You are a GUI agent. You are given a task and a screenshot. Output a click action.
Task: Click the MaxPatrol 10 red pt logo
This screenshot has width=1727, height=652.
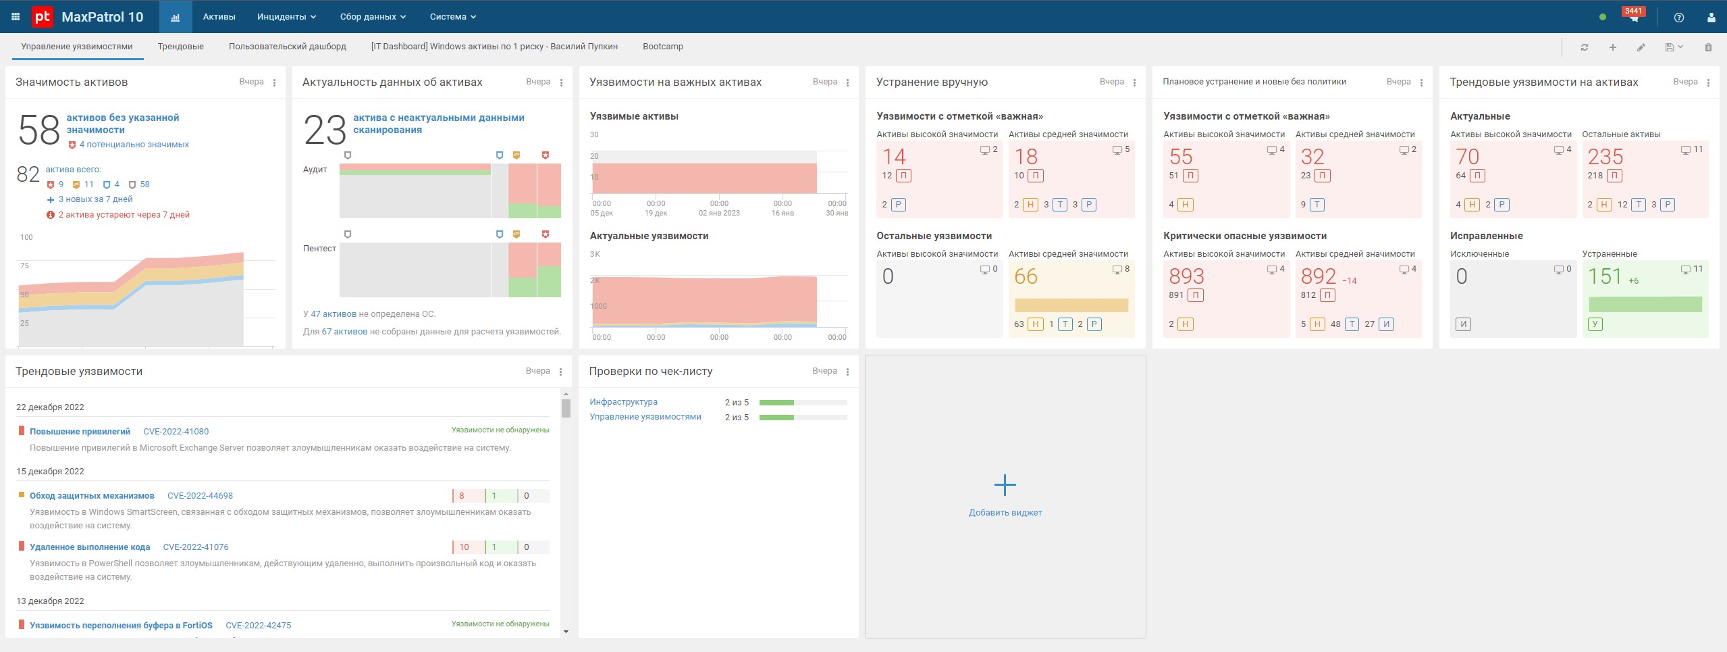[43, 17]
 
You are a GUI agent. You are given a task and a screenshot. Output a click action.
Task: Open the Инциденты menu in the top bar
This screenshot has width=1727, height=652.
[286, 17]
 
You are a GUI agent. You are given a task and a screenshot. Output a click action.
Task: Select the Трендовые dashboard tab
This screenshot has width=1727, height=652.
[180, 47]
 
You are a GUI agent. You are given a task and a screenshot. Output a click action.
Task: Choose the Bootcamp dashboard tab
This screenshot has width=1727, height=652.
[662, 47]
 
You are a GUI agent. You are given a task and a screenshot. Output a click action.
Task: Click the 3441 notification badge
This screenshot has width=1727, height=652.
[1632, 11]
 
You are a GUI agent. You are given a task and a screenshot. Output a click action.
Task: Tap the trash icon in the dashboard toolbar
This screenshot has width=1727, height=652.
[1708, 47]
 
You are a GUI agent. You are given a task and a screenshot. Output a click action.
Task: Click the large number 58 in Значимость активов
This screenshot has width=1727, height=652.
[39, 130]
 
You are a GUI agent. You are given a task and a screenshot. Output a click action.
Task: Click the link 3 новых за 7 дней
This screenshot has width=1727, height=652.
[95, 199]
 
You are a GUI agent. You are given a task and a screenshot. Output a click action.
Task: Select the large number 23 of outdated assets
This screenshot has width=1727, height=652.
[325, 130]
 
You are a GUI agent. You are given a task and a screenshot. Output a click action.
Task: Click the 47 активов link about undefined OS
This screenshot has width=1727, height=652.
[333, 314]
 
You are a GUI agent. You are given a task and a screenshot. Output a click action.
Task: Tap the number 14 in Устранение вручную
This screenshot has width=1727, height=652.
[894, 157]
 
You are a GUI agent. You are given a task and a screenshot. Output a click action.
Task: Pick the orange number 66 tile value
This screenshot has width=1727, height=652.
[1026, 277]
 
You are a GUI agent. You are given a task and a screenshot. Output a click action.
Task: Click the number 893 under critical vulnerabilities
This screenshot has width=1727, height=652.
[1186, 277]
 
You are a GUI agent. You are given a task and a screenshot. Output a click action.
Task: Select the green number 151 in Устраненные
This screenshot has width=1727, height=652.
[1603, 277]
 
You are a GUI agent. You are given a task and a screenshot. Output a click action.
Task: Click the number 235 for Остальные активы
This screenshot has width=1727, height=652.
[1605, 157]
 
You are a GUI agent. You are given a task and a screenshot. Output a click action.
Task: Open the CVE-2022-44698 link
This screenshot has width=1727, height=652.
[200, 496]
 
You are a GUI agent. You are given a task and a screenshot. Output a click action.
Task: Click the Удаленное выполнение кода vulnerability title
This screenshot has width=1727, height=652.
[90, 547]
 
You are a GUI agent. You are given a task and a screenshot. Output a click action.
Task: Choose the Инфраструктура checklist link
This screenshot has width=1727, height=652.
[623, 402]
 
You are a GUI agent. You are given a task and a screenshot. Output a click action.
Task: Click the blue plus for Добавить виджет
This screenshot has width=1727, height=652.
[1005, 485]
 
